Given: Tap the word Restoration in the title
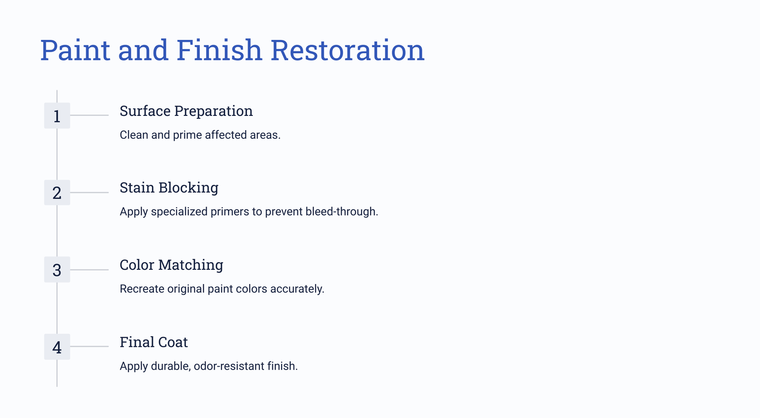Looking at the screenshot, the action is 347,50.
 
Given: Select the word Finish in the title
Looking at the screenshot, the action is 219,50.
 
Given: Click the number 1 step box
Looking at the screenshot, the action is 57,116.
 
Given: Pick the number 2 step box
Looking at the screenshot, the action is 57,192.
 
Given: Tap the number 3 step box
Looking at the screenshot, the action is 57,270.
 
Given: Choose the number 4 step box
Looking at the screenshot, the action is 57,347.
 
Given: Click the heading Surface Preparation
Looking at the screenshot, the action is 186,111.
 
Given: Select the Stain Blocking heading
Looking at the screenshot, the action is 169,188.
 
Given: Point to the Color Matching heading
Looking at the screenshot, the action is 171,265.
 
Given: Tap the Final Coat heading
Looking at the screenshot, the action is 154,342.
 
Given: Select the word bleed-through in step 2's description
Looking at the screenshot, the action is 341,212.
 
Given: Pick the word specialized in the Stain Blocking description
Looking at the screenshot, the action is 179,212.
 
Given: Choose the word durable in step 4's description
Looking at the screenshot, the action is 170,366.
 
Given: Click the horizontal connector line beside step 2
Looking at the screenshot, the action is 89,192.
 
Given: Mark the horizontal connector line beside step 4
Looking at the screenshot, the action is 89,346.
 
